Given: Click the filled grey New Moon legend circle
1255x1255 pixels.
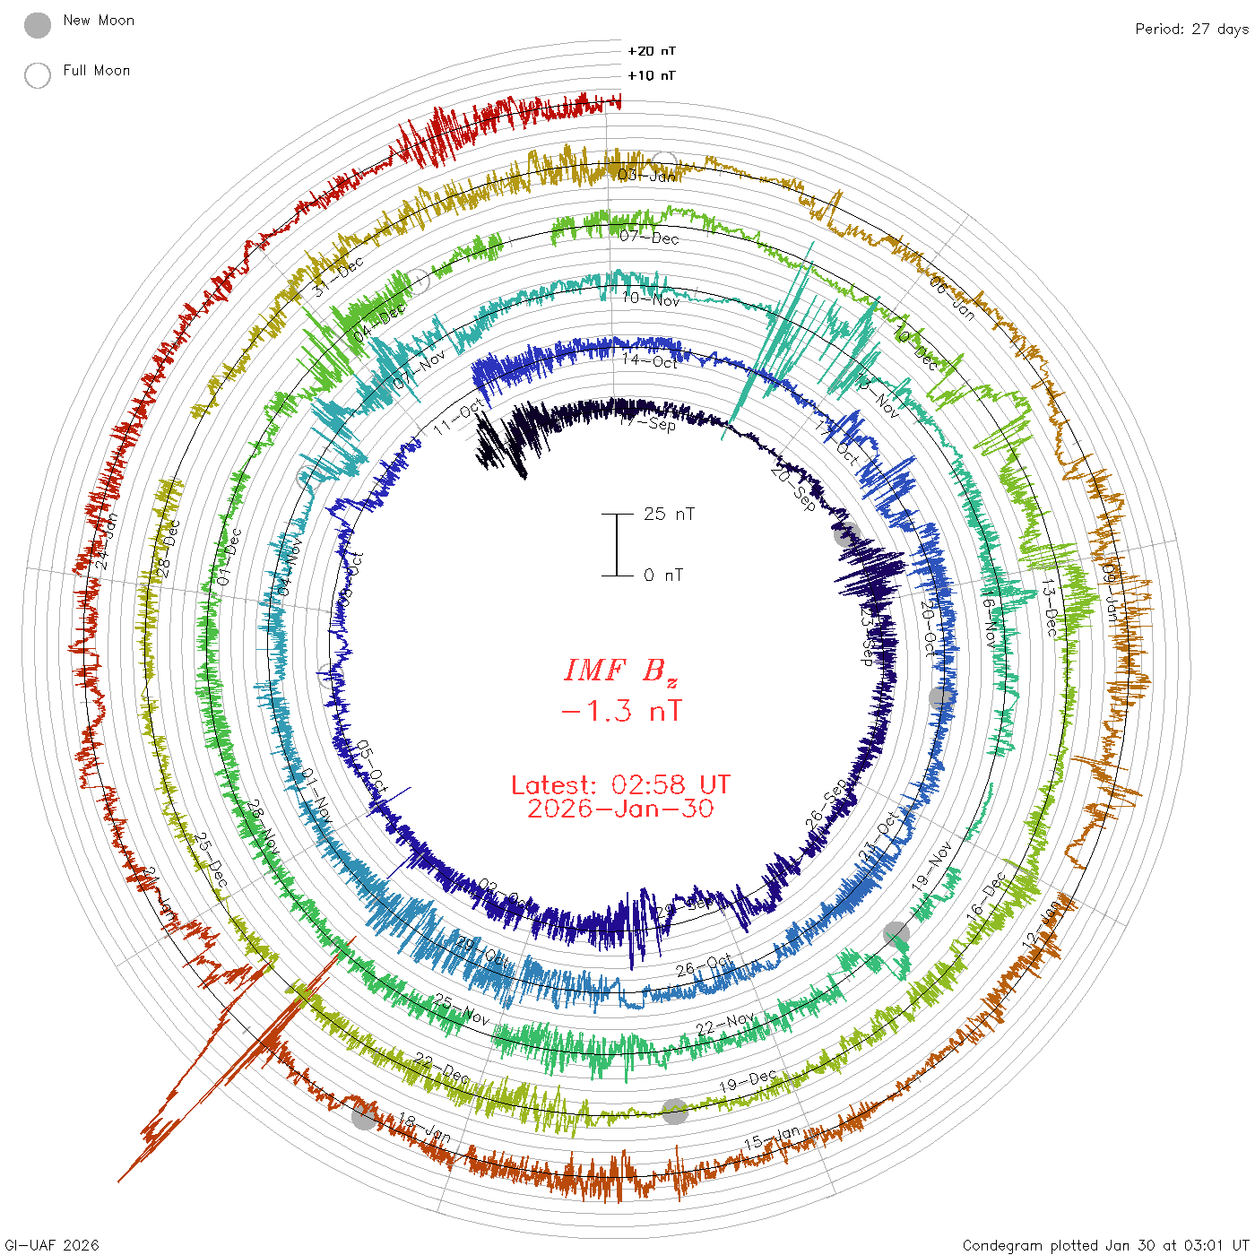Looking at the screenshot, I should [38, 26].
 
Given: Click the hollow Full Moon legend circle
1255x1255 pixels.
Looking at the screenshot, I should [38, 76].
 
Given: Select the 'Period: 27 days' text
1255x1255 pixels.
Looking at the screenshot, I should [1191, 30].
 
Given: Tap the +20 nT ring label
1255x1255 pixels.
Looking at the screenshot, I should [652, 52].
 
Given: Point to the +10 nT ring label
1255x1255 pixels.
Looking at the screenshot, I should [652, 76].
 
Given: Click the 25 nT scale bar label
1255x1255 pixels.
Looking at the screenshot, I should [669, 515].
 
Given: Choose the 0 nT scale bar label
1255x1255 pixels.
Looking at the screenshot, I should [663, 576].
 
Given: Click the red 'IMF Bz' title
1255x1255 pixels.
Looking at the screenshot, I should [620, 671].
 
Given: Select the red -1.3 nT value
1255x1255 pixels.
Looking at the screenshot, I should [620, 712].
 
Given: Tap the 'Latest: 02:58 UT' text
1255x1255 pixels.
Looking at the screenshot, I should [620, 785].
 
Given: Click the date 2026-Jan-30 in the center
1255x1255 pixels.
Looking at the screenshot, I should [620, 809].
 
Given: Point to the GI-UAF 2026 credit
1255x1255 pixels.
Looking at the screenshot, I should [52, 1245].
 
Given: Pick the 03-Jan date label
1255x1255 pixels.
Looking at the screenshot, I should [647, 176].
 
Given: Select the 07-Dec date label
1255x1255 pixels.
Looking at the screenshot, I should [650, 238].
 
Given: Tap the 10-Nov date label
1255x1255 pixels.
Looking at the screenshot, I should [651, 299].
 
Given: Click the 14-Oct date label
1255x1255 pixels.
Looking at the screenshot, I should [650, 361].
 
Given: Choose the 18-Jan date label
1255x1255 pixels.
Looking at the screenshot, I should [425, 1129].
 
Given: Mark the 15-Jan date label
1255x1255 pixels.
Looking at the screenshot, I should [772, 1138].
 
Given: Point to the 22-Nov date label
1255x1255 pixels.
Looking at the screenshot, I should [726, 1024].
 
